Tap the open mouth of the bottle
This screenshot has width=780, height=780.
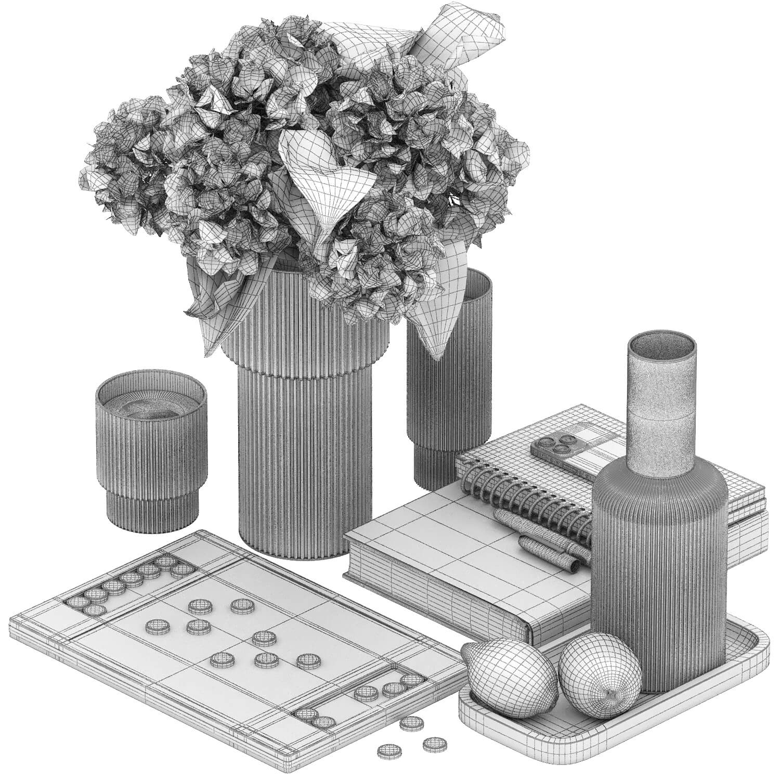pos(661,346)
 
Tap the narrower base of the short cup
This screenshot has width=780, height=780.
pos(152,507)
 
